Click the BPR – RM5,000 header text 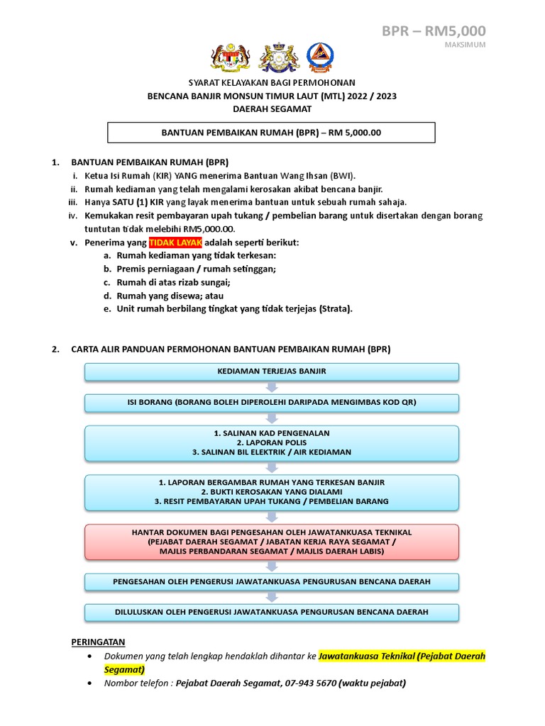pyautogui.click(x=434, y=30)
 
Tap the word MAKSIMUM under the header pyautogui.click(x=465, y=45)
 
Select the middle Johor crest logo pyautogui.click(x=276, y=59)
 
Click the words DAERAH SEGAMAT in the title pyautogui.click(x=272, y=108)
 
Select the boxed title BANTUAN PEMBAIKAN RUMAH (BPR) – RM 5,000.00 pyautogui.click(x=271, y=133)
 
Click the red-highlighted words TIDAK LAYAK pyautogui.click(x=165, y=242)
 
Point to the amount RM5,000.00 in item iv pyautogui.click(x=209, y=229)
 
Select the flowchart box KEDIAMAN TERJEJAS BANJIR pyautogui.click(x=272, y=372)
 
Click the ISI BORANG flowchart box pyautogui.click(x=272, y=402)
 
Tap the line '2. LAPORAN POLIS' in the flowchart pyautogui.click(x=272, y=442)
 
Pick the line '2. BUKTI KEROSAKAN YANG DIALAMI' pyautogui.click(x=272, y=491)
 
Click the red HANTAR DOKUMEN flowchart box pyautogui.click(x=272, y=542)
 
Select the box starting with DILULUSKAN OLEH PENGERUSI pyautogui.click(x=272, y=612)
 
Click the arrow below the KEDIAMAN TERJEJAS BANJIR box pyautogui.click(x=272, y=387)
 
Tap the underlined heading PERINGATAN pyautogui.click(x=98, y=642)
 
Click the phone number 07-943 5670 pyautogui.click(x=310, y=683)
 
